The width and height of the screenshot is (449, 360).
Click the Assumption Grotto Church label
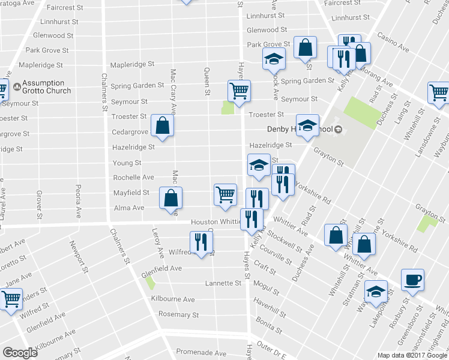point(46,87)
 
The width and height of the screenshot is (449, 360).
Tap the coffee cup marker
point(412,280)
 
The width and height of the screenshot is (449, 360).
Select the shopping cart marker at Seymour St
point(239,91)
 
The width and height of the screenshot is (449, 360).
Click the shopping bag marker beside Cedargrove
point(163,125)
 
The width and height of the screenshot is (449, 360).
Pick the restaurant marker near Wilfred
point(200,241)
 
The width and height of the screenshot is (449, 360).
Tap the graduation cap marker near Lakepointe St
point(376,292)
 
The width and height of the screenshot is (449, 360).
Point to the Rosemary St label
point(178,314)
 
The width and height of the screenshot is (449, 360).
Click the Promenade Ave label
point(200,353)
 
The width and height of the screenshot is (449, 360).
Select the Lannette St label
point(223,283)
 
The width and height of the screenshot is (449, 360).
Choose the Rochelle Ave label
point(134,178)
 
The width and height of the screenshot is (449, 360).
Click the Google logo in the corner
point(20,353)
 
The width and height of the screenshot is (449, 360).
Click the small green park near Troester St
point(228,107)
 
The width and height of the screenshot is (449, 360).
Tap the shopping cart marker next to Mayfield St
point(225,194)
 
